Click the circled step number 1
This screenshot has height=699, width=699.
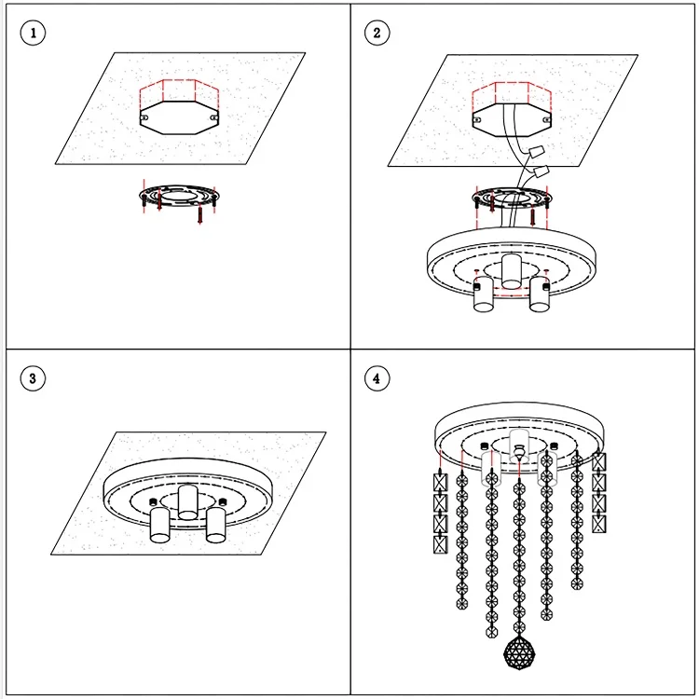coord(34,34)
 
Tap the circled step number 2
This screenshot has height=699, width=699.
coord(377,34)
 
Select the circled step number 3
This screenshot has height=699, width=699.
coord(34,378)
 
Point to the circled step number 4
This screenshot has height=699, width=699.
coord(377,378)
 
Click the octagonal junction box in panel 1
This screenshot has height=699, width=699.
coord(179,120)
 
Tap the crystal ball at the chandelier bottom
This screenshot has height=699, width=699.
coord(517,651)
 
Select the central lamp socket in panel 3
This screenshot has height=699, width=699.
coord(186,502)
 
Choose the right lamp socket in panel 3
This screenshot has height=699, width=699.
coord(217,527)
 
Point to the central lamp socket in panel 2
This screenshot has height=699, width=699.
coord(511,271)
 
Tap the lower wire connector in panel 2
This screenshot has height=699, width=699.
coord(541,172)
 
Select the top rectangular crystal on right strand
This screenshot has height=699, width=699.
coord(598,462)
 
